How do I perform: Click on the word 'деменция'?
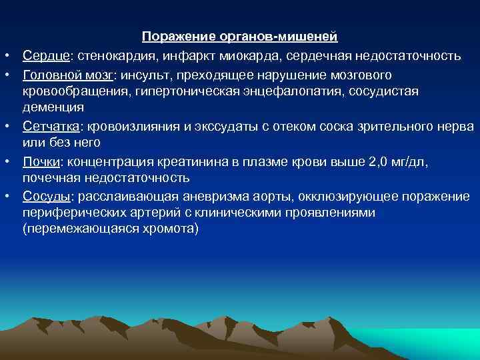[x=53, y=107]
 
